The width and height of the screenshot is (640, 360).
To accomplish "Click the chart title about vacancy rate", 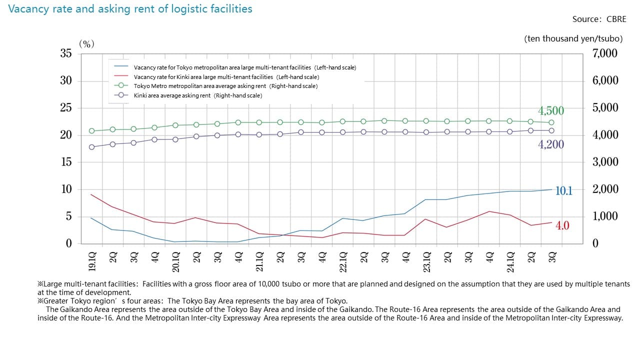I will point(130,9).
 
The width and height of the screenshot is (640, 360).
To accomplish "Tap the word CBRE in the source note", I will point(616,19).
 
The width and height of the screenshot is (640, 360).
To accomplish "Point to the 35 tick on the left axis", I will point(66,53).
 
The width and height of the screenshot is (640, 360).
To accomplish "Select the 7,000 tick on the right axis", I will point(605,53).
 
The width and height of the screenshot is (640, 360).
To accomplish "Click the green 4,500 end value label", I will point(551,111).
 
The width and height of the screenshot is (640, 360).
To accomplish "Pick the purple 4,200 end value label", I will point(551,145).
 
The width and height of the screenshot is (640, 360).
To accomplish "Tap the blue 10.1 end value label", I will point(564,190).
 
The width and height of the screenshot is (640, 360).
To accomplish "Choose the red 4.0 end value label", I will point(562,226).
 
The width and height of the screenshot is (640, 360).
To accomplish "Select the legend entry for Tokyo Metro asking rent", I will point(225,86).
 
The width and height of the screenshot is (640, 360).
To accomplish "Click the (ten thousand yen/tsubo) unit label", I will point(573,38).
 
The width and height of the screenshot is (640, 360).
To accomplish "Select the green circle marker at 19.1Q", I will point(91,131).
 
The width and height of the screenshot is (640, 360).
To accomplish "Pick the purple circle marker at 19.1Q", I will point(91,147).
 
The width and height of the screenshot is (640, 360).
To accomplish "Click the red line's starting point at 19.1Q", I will point(91,194).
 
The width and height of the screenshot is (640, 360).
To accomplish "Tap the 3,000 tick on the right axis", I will point(605,162).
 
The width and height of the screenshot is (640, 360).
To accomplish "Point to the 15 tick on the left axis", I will point(66,162).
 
